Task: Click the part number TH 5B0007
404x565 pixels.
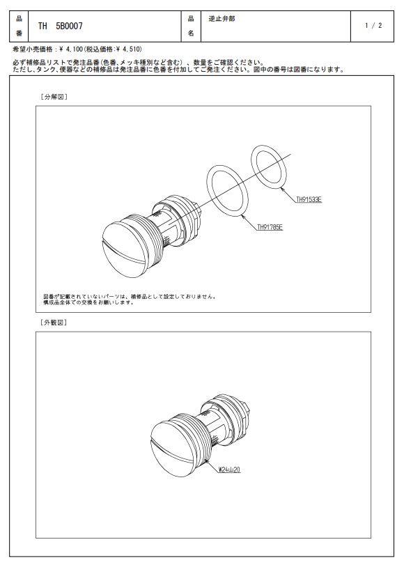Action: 60,26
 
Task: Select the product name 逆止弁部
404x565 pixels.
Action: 222,18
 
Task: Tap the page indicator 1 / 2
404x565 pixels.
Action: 373,26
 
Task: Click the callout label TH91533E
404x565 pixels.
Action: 309,200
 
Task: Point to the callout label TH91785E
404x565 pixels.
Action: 270,227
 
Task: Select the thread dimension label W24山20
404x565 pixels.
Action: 230,470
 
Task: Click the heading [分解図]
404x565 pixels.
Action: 54,97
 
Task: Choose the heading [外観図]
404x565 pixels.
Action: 54,323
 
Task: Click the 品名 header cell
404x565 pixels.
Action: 191,26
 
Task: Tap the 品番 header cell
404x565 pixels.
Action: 19,26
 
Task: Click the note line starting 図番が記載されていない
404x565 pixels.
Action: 130,297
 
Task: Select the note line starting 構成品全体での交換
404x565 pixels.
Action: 88,302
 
